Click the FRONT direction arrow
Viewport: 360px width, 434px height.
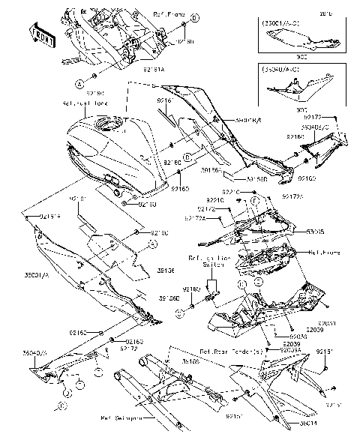43,32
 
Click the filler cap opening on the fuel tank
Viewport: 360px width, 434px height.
117,123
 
